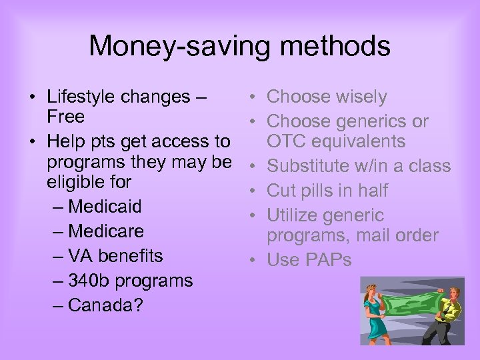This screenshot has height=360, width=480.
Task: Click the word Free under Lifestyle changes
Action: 65,117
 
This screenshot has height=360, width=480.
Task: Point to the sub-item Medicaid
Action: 105,207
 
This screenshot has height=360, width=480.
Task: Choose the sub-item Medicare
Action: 106,231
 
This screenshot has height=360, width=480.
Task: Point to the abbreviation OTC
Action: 287,142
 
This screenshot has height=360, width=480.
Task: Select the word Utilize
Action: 295,216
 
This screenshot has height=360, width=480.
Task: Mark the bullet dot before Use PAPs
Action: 255,261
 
